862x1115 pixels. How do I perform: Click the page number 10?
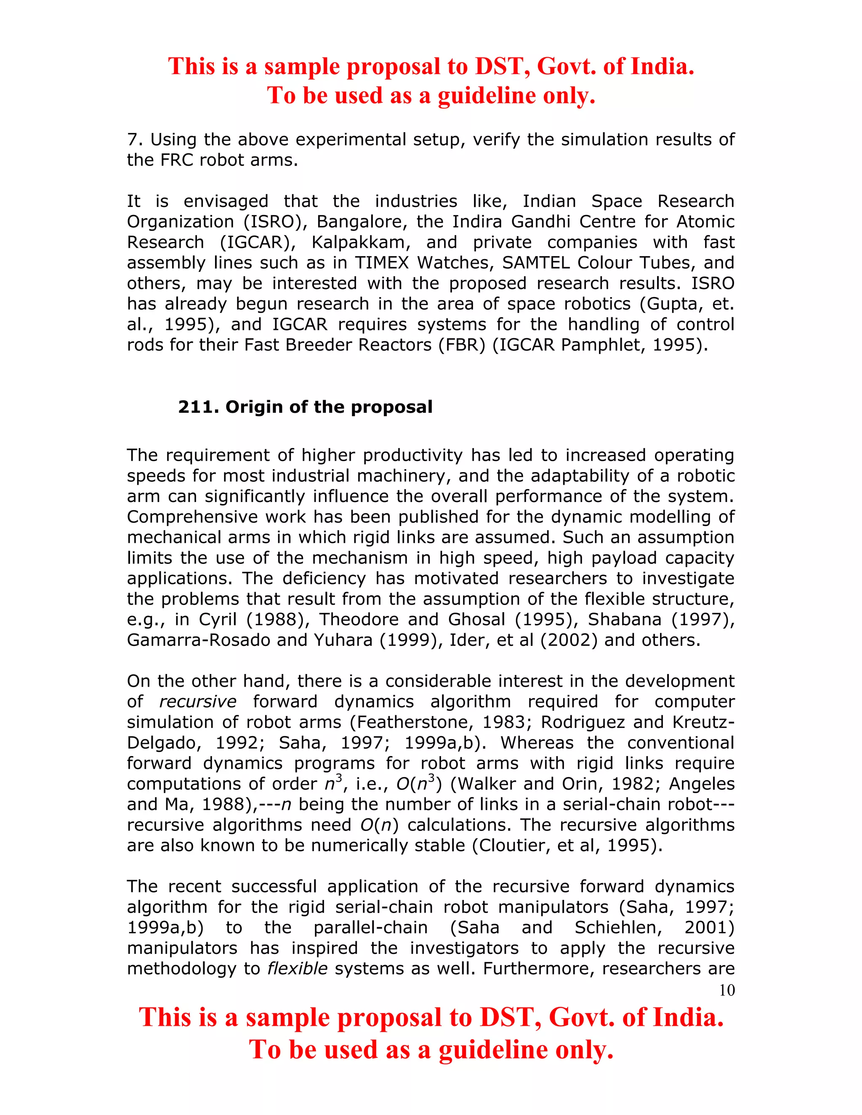726,990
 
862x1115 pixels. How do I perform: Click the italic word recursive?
198,701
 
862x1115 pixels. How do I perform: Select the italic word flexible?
297,969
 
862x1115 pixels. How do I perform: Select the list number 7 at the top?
132,139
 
